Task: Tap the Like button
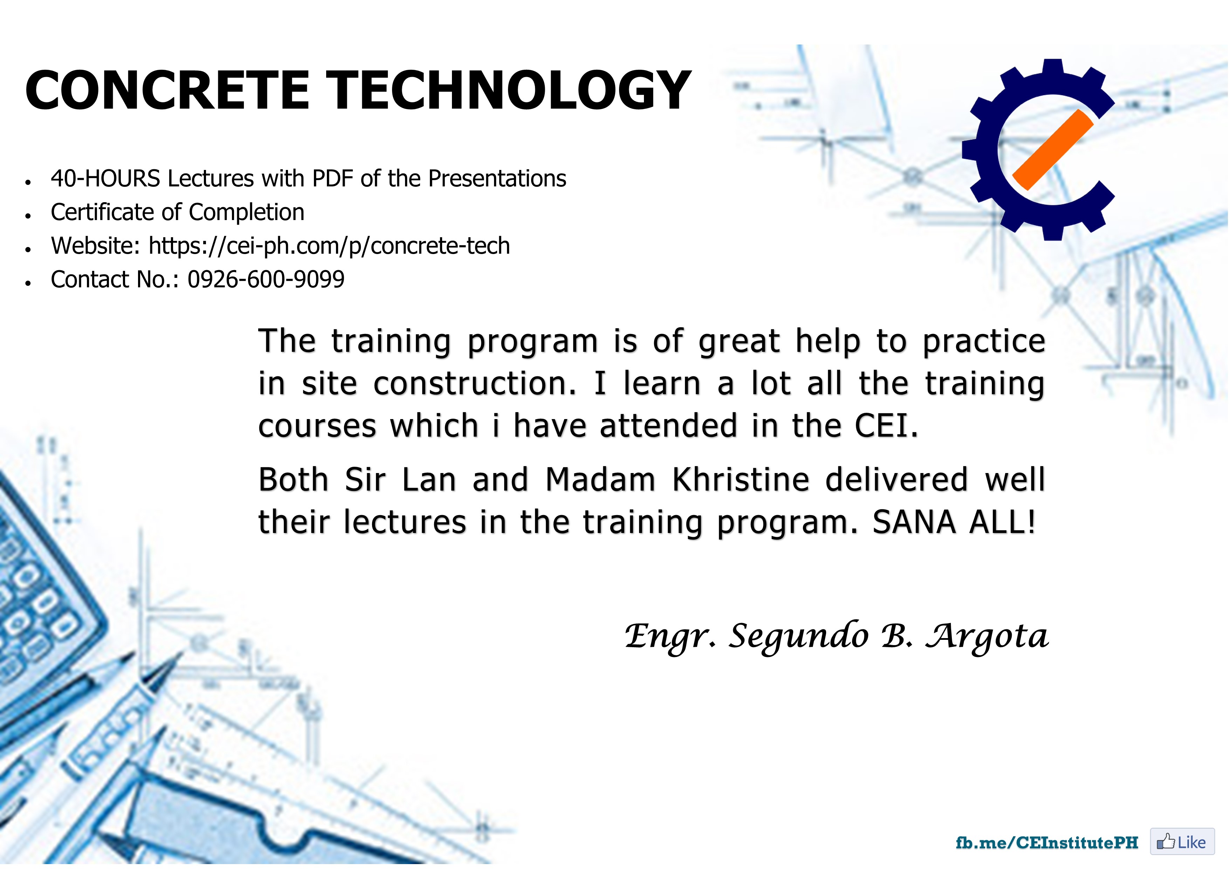point(1182,842)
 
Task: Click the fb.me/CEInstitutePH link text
point(1047,843)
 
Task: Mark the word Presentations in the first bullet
point(497,179)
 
